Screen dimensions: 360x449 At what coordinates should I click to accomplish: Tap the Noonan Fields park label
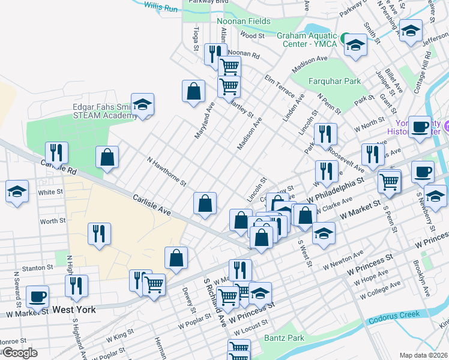243,21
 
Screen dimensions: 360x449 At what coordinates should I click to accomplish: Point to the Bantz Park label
284,338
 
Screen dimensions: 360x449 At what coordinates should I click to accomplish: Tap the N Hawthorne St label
167,172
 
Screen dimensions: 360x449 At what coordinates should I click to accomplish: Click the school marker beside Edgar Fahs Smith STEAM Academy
142,104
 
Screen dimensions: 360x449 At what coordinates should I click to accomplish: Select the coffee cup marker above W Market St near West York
38,296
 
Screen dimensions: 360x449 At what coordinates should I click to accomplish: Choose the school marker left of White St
16,192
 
